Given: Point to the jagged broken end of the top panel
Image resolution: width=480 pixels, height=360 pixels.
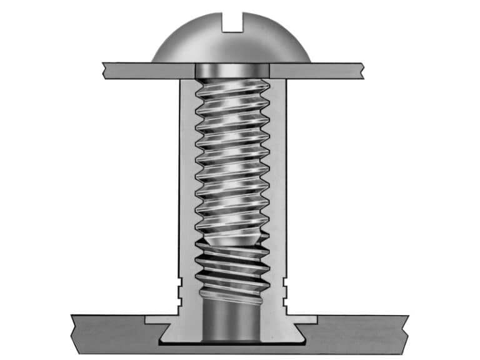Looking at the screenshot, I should coord(361,70).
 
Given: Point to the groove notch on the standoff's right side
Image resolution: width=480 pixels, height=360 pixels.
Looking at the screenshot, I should coord(286,289).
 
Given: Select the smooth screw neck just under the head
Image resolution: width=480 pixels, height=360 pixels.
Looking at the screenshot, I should coord(232,71).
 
